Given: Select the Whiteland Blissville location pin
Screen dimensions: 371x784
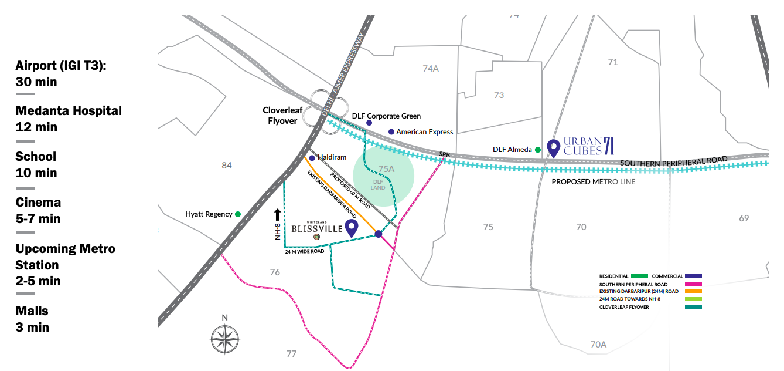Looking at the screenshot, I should pyautogui.click(x=351, y=228).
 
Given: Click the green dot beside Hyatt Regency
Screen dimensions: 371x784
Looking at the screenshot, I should pyautogui.click(x=238, y=214).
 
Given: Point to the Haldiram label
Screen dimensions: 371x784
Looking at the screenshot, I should pyautogui.click(x=332, y=157).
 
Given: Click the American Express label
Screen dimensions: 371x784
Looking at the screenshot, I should pyautogui.click(x=424, y=132).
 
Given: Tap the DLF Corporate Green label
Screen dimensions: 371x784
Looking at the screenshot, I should pyautogui.click(x=386, y=116).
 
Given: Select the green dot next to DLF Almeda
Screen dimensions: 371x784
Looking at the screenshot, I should pyautogui.click(x=537, y=150).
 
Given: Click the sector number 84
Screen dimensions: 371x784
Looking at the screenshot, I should pyautogui.click(x=227, y=166).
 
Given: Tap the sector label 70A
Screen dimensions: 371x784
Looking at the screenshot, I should pyautogui.click(x=598, y=345).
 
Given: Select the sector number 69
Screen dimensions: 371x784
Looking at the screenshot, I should pyautogui.click(x=744, y=218).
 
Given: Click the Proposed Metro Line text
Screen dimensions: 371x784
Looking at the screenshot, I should pyautogui.click(x=594, y=182).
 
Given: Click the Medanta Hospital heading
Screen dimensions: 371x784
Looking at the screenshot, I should pyautogui.click(x=69, y=110).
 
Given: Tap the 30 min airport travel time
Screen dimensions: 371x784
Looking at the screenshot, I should pyautogui.click(x=36, y=82).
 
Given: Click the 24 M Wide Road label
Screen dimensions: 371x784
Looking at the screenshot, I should pyautogui.click(x=305, y=251).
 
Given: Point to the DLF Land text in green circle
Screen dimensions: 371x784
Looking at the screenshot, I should pyautogui.click(x=379, y=185).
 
